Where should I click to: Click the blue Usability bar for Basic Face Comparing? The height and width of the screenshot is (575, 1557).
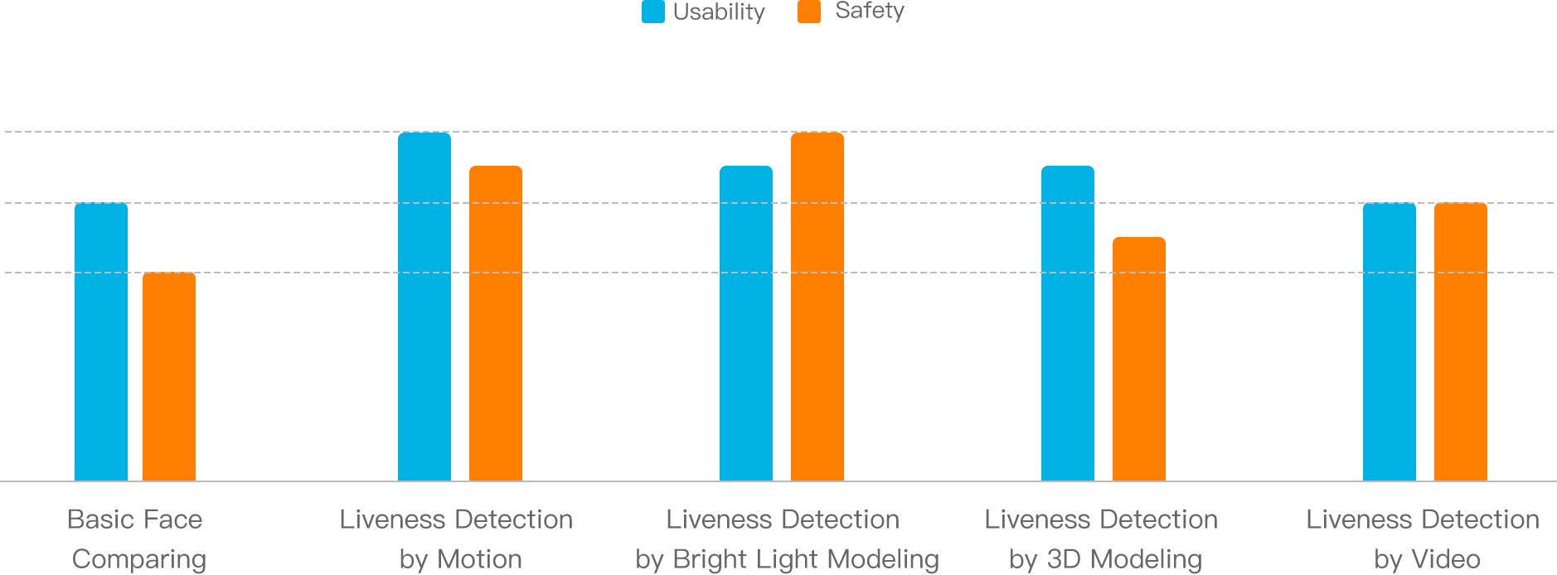pos(101,341)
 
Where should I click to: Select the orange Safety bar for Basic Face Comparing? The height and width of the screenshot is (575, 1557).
pos(169,376)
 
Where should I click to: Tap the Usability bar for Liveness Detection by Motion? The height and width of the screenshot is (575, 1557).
pos(424,307)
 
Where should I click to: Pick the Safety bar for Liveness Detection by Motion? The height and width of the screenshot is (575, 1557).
pos(496,322)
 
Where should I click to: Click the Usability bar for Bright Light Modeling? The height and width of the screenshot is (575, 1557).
pos(746,322)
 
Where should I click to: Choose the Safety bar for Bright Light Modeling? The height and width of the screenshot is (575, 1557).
pos(817,307)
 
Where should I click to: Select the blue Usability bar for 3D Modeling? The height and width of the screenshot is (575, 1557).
pos(1068,322)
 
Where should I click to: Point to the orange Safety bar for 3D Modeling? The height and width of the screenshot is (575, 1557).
pos(1139,358)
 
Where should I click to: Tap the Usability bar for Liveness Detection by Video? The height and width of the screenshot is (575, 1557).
pos(1390,341)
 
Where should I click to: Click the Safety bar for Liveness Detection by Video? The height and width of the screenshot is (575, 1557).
pos(1461,341)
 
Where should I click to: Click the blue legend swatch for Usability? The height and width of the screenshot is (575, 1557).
pos(653,12)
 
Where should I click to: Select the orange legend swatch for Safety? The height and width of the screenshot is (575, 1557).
pos(809,12)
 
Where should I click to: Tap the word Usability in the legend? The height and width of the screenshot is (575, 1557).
pos(719,12)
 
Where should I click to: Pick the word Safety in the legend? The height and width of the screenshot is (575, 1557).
pos(869,11)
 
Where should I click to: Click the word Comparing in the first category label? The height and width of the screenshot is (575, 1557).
pos(139,559)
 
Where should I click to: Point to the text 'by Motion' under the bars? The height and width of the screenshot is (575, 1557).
pos(460,559)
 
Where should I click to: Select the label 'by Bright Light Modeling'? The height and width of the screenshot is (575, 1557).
pos(787,559)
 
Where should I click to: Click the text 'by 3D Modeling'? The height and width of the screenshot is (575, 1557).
pos(1105,559)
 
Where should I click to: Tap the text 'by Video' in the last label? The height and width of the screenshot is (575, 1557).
pos(1427,559)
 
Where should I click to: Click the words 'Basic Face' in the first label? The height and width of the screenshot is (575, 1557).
pos(135,519)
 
